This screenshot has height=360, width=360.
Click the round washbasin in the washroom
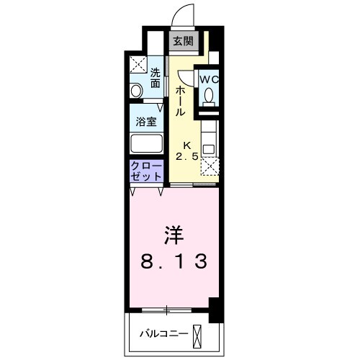[135, 91]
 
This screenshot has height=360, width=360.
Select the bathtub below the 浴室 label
[146, 142]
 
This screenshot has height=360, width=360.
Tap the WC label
[208, 78]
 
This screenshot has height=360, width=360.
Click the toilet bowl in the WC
[209, 95]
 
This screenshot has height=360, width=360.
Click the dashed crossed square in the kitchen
[208, 168]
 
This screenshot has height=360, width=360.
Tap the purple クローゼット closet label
[146, 171]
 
